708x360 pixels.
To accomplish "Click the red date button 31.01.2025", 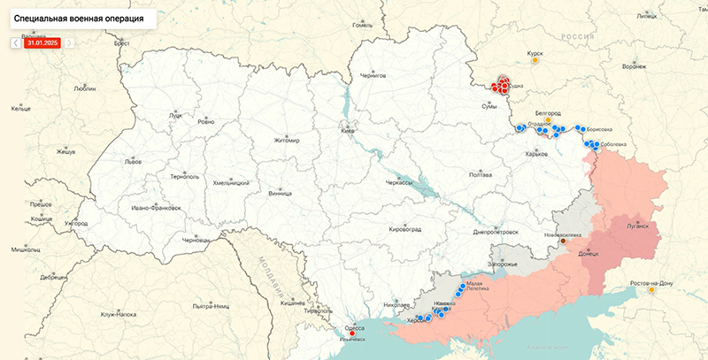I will pos(42,42).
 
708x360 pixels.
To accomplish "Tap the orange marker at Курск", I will pos(535,60).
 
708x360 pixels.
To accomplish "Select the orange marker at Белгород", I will pos(548,121).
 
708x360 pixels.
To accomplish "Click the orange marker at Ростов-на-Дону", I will pos(651,289).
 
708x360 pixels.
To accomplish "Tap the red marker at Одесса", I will pos(353,333).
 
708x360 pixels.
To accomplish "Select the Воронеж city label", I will pos(634,66).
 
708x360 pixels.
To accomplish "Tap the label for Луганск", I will pos(637,226).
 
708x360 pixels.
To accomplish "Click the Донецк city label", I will pos(588,254).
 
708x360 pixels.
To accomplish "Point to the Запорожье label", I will pos(503,264).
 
